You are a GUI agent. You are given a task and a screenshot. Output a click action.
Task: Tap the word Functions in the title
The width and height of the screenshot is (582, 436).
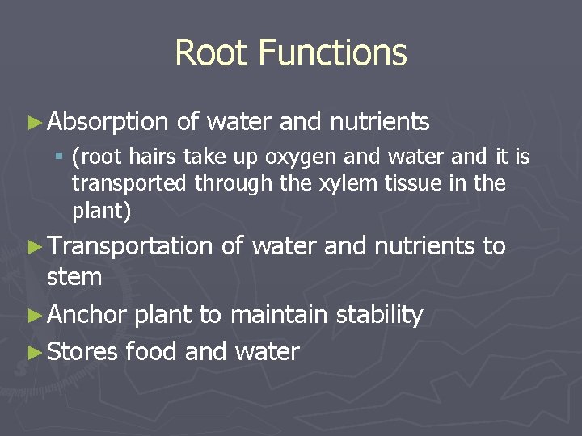click(x=333, y=53)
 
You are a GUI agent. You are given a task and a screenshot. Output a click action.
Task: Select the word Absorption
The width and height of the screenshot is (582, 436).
click(x=108, y=123)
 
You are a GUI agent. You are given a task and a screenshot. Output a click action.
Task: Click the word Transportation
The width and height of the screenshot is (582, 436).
click(x=130, y=245)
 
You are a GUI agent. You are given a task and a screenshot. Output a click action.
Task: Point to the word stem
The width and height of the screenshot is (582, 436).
click(x=74, y=278)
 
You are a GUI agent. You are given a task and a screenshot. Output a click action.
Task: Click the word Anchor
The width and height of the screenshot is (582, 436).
click(x=87, y=315)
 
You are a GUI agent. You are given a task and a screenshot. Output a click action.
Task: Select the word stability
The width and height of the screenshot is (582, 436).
click(x=378, y=315)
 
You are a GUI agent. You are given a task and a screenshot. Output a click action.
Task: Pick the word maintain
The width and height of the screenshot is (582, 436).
click(x=277, y=315)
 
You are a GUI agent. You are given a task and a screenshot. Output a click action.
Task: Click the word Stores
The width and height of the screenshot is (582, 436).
click(x=83, y=352)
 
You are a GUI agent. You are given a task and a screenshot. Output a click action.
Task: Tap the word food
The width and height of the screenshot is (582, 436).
click(x=152, y=352)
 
